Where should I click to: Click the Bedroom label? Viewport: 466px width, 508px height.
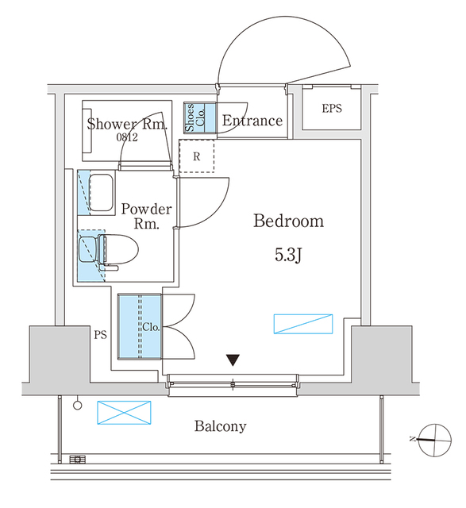tap(288, 221)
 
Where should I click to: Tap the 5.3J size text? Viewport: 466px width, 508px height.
tap(288, 255)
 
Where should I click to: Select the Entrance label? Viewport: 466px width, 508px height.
tap(252, 121)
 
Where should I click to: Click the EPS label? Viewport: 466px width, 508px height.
tap(332, 108)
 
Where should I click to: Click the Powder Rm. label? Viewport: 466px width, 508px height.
tap(146, 216)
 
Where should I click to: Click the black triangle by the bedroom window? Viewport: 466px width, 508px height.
tap(232, 360)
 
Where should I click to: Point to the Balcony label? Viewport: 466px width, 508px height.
tap(221, 426)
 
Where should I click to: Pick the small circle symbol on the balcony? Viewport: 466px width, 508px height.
tap(77, 405)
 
